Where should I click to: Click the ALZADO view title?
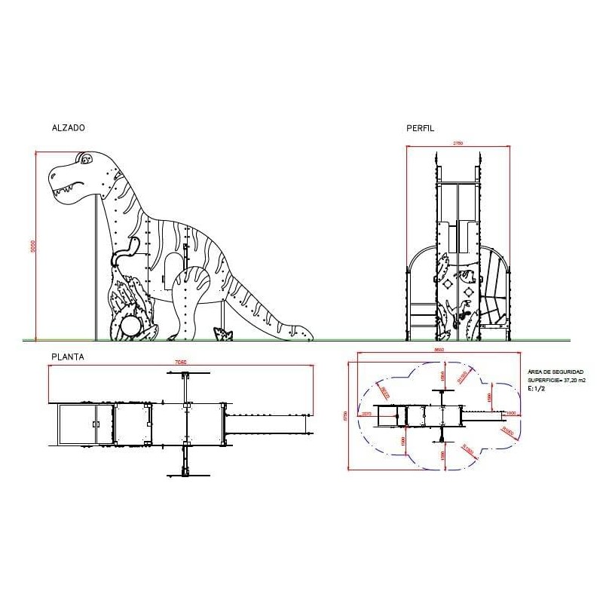coord(68,128)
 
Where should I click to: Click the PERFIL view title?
coord(421,128)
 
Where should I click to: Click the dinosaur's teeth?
coord(72,186)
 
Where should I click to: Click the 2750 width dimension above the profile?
coord(458,142)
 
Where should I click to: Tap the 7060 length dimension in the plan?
coord(181,363)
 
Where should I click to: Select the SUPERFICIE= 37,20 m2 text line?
coord(556,381)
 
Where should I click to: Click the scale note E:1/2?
coord(536,389)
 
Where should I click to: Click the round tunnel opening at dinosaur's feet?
coord(130,326)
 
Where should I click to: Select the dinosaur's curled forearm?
coord(124,253)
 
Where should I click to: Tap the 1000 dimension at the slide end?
coord(512,412)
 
